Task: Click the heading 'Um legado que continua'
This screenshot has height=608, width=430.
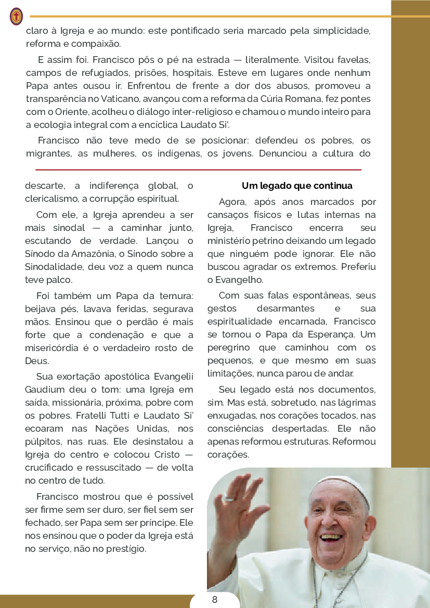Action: (297, 186)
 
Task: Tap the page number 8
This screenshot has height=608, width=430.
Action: (215, 600)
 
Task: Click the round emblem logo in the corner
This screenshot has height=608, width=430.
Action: (16, 16)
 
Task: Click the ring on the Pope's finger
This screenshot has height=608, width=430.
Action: (229, 498)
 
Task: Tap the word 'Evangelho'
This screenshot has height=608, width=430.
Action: (237, 279)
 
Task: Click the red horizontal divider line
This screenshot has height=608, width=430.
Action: (198, 170)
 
